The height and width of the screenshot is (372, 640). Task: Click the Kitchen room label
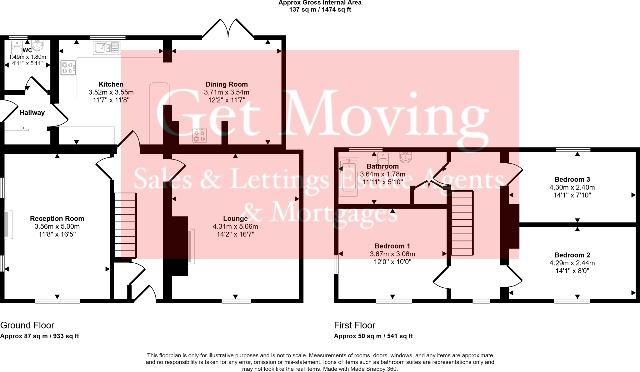[111, 84]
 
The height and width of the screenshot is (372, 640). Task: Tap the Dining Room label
[226, 84]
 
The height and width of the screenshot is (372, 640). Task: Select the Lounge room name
[235, 219]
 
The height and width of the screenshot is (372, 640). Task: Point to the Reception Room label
[57, 219]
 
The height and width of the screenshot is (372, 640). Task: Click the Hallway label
[32, 113]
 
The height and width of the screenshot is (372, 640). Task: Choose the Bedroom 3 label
[572, 180]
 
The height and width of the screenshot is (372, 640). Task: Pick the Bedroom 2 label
[572, 255]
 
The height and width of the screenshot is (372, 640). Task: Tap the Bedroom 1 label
[392, 246]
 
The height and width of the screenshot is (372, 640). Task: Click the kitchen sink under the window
[107, 48]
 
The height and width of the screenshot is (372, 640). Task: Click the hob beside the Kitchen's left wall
[68, 68]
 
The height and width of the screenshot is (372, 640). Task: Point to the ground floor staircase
[125, 225]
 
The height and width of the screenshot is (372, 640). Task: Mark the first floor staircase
[462, 223]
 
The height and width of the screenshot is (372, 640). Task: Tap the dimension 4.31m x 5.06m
[235, 226]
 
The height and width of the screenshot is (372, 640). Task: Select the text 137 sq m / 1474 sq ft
[320, 10]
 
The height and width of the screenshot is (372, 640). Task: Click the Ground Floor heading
[27, 325]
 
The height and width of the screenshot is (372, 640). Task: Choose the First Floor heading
[354, 325]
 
